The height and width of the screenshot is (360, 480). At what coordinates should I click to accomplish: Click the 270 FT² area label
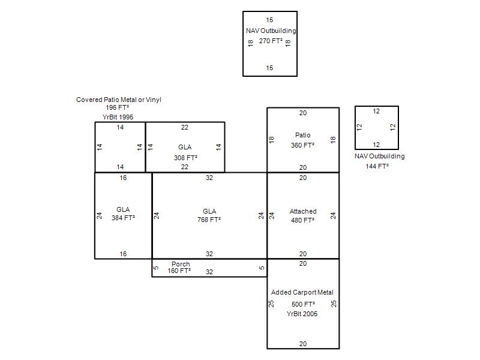(271, 41)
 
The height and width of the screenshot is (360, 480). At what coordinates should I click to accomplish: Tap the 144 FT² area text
(377, 166)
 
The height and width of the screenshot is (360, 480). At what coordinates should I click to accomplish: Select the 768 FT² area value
(209, 220)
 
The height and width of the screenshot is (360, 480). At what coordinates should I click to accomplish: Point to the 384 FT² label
(123, 218)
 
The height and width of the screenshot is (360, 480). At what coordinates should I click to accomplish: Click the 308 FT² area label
(185, 158)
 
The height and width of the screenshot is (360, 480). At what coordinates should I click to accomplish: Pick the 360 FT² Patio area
(303, 145)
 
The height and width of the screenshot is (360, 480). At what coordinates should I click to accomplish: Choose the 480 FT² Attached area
(303, 220)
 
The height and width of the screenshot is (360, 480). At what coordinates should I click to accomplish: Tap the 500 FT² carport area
(303, 304)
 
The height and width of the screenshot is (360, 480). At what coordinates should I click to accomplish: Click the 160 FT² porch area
(179, 271)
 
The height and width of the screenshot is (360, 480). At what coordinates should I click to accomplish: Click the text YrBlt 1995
(118, 116)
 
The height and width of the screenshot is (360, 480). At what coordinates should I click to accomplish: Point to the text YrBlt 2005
(302, 314)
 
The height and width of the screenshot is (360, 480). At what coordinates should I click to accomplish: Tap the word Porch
(181, 264)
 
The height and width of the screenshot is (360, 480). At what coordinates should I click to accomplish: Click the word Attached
(303, 211)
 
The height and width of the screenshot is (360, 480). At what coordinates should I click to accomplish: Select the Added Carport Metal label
(302, 292)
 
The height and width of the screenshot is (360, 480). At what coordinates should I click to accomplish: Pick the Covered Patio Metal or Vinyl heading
(119, 100)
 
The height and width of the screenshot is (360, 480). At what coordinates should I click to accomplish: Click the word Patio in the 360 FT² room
(303, 134)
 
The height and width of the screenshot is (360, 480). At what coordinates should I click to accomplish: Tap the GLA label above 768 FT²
(209, 211)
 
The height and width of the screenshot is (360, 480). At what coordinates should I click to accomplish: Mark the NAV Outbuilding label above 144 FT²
(379, 156)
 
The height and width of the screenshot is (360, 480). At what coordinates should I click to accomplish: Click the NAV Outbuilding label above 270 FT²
(271, 31)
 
